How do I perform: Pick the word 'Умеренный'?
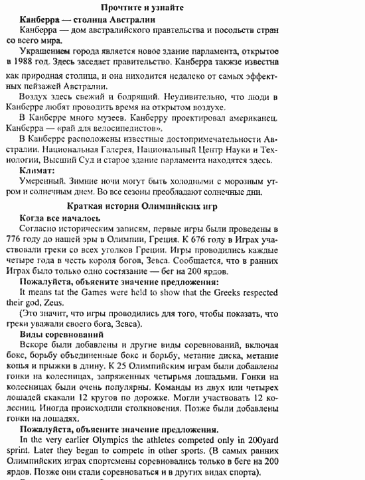42,182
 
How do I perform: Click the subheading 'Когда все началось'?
60,218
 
